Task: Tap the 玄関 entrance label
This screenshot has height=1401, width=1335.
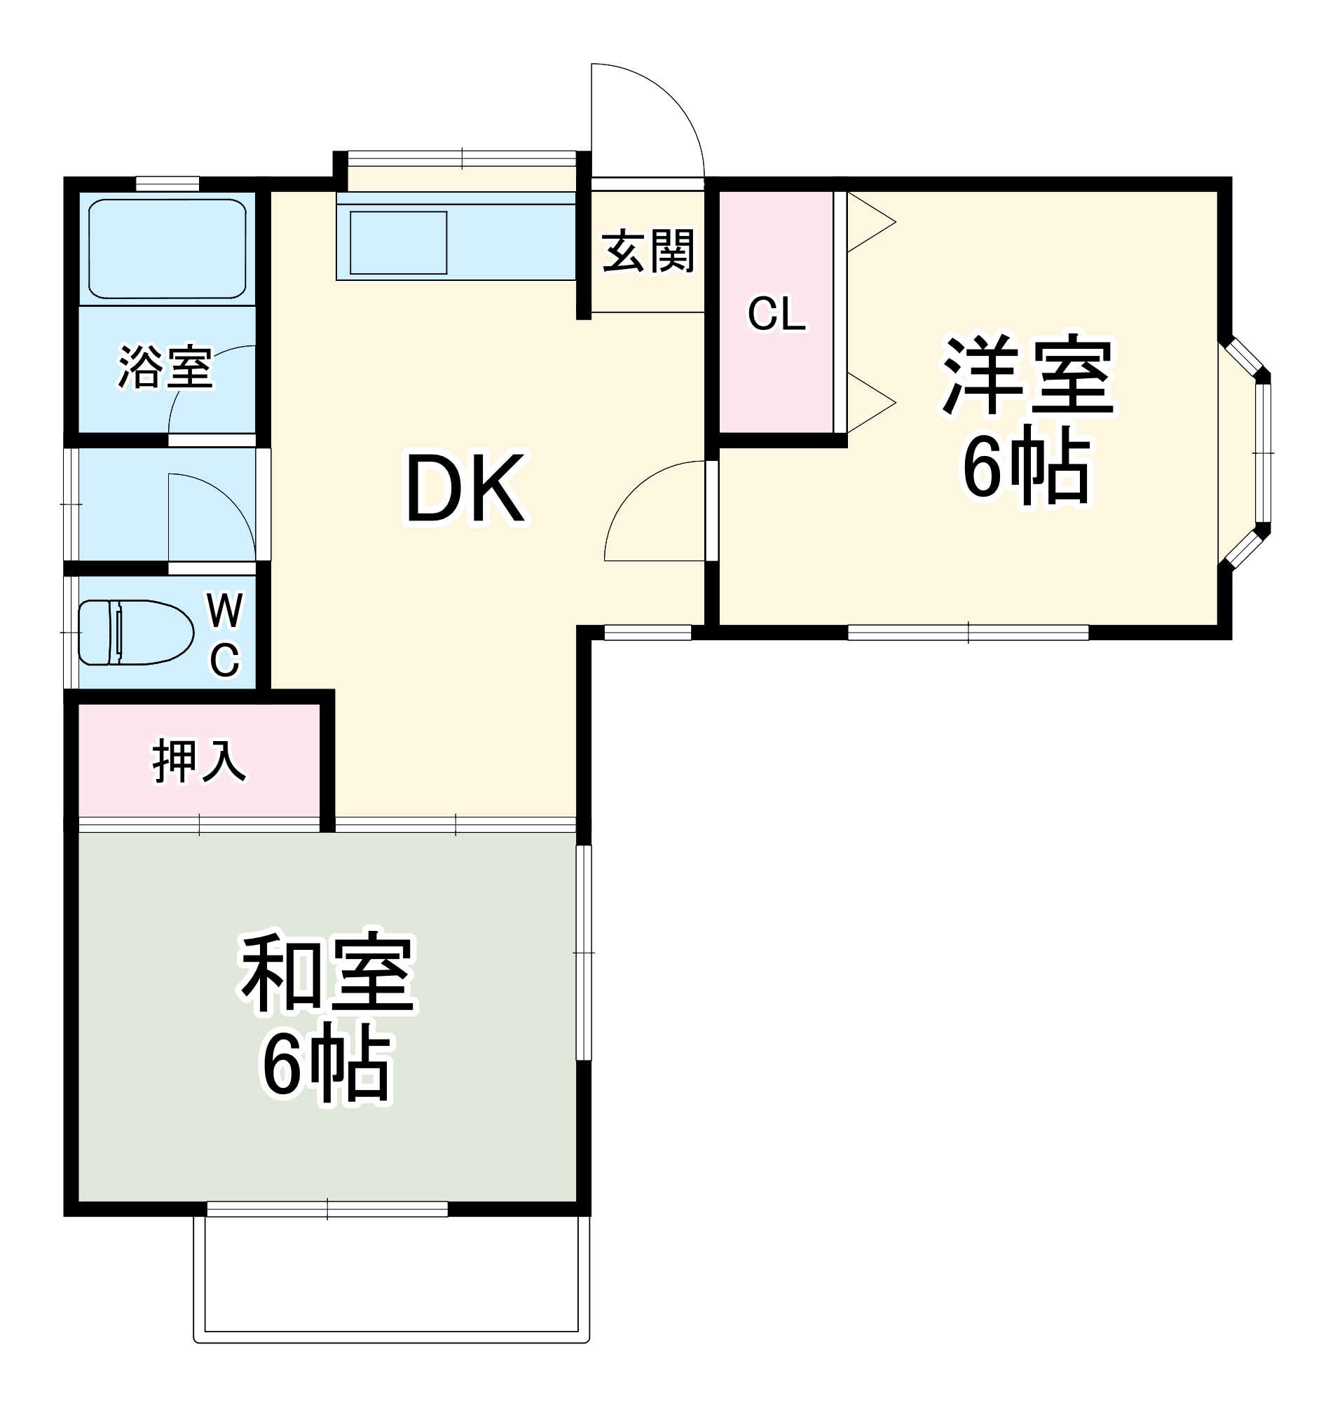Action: [648, 251]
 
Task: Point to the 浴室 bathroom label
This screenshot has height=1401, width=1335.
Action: [165, 368]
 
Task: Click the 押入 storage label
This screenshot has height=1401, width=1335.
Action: [198, 761]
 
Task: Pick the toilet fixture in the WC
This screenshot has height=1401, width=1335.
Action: [135, 633]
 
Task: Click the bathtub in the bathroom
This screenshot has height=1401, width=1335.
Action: [167, 248]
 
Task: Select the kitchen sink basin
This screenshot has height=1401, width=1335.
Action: [398, 242]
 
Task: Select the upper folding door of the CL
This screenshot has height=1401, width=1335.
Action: [870, 222]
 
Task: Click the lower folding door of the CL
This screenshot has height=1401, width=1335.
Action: [870, 403]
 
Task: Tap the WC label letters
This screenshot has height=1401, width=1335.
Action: [225, 635]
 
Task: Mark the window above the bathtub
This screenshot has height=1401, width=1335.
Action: [167, 184]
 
